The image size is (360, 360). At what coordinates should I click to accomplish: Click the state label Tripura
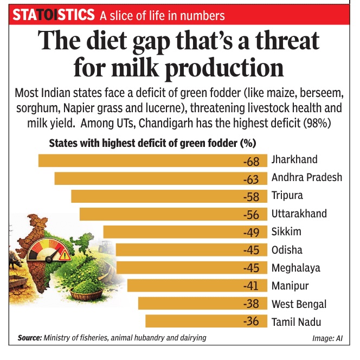point(287,196)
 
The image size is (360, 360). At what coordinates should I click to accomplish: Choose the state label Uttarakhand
point(299,214)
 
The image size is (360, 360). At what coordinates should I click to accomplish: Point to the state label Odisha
point(287,250)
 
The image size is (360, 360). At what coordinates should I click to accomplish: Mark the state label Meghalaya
point(295,268)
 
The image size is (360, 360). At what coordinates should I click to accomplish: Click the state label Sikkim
point(286,232)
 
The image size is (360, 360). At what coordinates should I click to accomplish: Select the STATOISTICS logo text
point(53,15)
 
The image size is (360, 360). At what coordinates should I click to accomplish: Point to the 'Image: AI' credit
point(331,338)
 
